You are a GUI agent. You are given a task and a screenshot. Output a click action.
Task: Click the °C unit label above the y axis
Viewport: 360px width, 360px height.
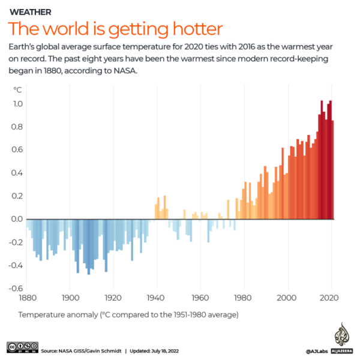pos(17,89)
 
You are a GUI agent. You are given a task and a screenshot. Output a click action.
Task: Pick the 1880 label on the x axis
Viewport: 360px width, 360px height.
pos(27,298)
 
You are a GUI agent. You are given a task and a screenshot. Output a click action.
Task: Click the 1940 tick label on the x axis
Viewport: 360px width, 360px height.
pos(157,298)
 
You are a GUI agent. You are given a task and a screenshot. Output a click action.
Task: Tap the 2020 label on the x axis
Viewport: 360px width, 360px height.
pos(331,298)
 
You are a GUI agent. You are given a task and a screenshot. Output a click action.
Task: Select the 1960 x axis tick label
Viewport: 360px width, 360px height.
pos(201,298)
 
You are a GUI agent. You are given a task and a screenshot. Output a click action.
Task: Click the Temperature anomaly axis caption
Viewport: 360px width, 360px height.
pos(128,314)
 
